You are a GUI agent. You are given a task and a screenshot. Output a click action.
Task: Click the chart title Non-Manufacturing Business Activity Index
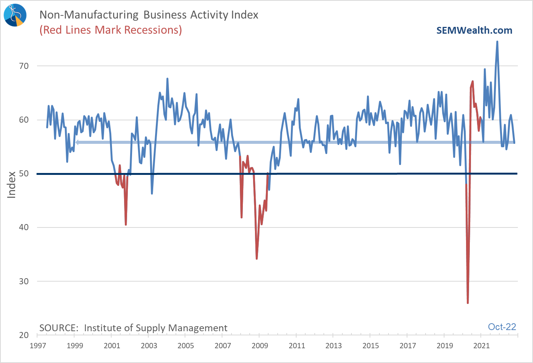click(149, 15)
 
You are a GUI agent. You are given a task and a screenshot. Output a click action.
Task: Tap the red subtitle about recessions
click(110, 30)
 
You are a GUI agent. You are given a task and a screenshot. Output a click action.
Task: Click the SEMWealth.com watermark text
click(474, 31)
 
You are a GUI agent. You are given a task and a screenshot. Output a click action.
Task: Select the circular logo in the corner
click(15, 15)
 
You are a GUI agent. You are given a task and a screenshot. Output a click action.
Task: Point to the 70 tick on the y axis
click(24, 66)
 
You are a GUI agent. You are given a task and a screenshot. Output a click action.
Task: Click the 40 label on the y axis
click(24, 227)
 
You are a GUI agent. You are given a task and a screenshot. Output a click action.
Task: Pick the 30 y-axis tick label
click(24, 281)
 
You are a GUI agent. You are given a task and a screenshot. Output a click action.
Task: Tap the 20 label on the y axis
click(24, 335)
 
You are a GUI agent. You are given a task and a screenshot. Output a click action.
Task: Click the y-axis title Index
click(12, 184)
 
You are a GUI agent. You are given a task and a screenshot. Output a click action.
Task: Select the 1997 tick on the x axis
click(38, 346)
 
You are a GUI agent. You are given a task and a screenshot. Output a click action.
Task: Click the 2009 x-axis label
click(260, 346)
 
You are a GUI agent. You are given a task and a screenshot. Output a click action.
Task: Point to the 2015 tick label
click(371, 346)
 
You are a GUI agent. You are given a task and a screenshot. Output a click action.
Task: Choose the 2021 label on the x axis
click(482, 346)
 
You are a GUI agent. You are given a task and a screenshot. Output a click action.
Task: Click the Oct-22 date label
click(502, 327)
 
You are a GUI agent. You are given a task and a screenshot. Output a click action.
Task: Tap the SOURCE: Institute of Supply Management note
click(133, 328)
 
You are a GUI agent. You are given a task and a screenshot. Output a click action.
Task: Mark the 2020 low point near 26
click(468, 302)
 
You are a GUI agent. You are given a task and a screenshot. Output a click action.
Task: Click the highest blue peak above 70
click(497, 42)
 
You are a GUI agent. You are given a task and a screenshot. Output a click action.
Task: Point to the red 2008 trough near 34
click(257, 259)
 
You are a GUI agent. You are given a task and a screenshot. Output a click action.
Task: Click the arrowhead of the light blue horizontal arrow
click(77, 142)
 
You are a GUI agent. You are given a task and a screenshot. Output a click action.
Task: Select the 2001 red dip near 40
click(126, 224)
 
